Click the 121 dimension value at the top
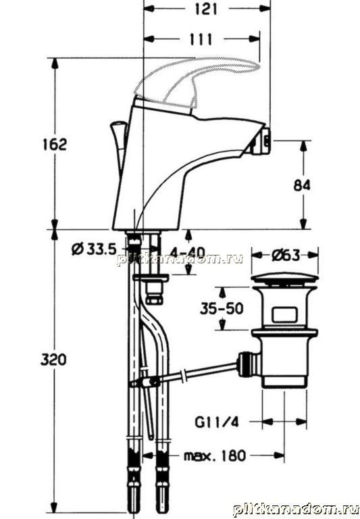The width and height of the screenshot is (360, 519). coord(206,9)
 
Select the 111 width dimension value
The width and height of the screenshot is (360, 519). coord(201,39)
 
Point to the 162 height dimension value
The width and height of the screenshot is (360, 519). coord(55,145)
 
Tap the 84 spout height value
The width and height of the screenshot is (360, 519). coord(302,185)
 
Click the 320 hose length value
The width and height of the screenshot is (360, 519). coord(53,359)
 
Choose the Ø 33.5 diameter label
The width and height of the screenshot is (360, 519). coord(94,249)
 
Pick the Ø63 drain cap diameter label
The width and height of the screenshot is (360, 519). coord(285,255)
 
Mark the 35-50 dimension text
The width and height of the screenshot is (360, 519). coord(222,308)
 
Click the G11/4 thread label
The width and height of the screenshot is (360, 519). coord(216,422)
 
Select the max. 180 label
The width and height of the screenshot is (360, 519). coord(215,455)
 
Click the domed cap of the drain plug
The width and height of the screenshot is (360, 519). coord(284,278)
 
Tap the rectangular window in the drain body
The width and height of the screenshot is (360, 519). coord(284,315)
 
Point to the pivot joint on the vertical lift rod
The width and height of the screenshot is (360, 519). coord(148,382)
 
